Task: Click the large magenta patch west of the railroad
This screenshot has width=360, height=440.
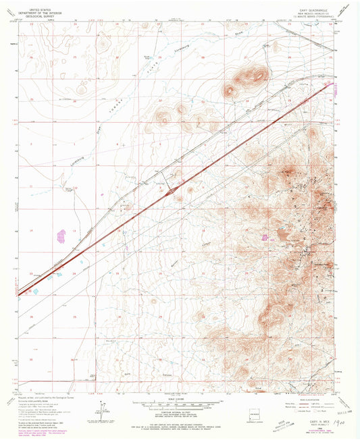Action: (62, 236)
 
